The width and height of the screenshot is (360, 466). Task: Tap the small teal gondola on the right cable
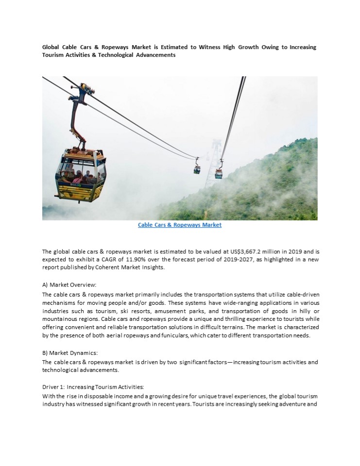pos(219,173)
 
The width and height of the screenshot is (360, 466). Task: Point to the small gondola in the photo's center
pos(197,169)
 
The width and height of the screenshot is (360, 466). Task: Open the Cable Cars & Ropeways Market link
pos(180,225)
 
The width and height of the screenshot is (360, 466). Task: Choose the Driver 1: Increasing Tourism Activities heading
pos(93,387)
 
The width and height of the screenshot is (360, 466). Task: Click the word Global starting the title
pos(51,47)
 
